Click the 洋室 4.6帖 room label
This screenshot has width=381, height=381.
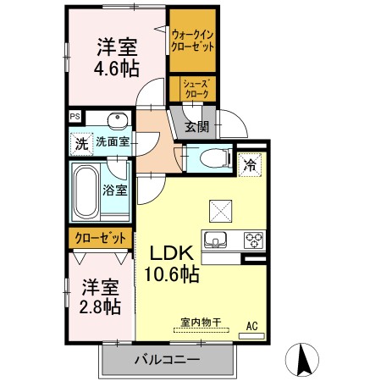point(117,57)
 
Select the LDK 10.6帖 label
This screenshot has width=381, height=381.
point(174,262)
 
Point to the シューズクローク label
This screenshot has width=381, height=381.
point(193,88)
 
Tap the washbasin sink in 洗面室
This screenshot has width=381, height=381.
point(118,119)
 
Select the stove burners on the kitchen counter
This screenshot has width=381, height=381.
point(254,238)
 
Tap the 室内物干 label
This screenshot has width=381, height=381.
point(199,323)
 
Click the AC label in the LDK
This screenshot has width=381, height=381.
point(251,324)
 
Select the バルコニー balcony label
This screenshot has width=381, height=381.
point(166,360)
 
